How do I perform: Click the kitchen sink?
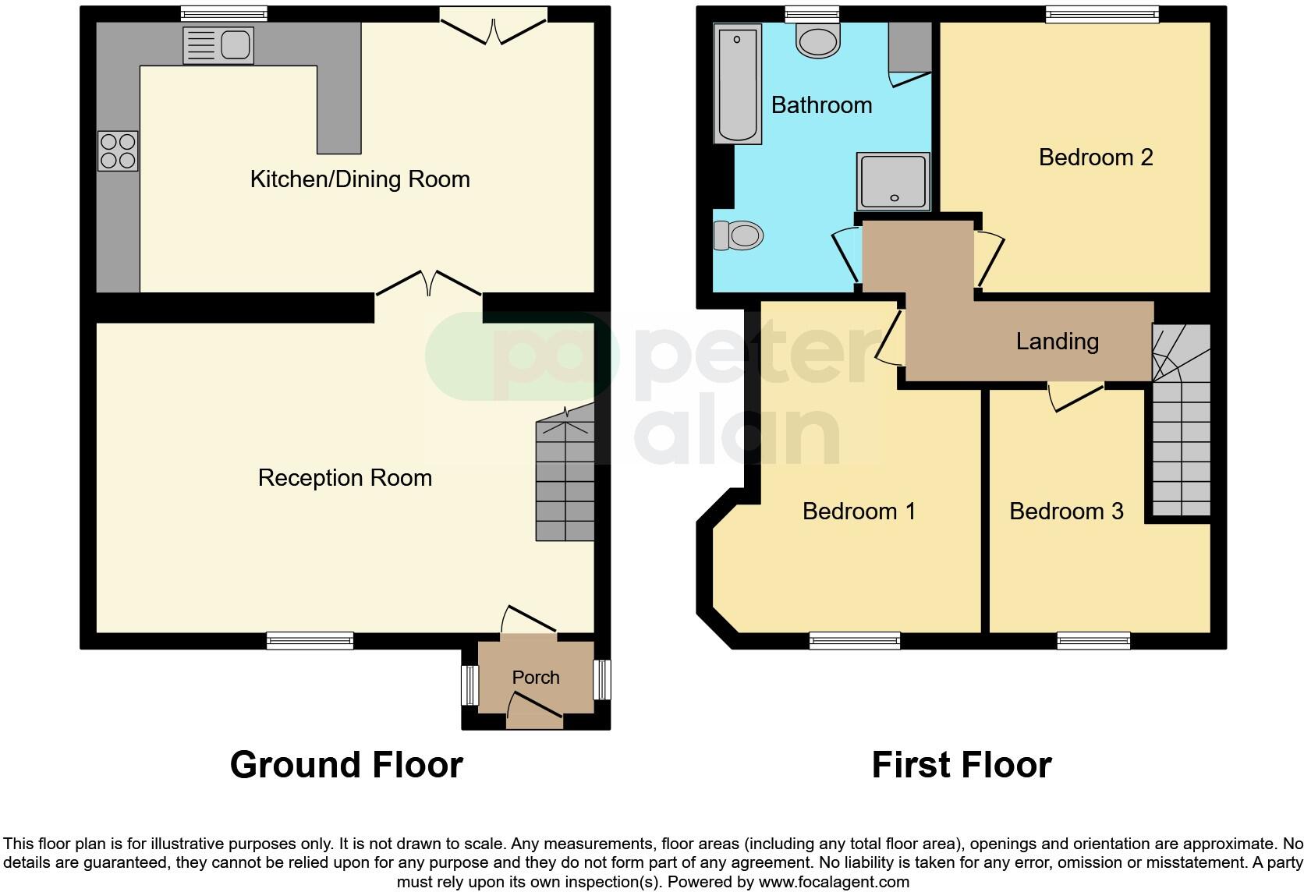tap(218, 45)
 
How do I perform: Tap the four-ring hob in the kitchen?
tap(118, 150)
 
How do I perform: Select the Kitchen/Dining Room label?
tap(360, 179)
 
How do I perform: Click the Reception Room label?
tap(345, 478)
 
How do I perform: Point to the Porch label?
tap(536, 678)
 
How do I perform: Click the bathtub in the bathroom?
tap(737, 83)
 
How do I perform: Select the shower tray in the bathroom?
tap(894, 182)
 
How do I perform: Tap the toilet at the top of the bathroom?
tap(818, 39)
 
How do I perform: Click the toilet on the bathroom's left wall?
tap(739, 235)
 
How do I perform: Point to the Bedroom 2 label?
tap(1095, 158)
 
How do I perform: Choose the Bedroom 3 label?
tap(1065, 511)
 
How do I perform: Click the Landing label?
tap(1057, 342)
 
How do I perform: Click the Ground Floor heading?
tap(346, 765)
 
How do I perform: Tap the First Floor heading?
tap(961, 765)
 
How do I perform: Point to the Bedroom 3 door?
tap(1075, 395)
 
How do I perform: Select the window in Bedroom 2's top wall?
tap(1102, 14)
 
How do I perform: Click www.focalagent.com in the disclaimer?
tap(833, 883)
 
